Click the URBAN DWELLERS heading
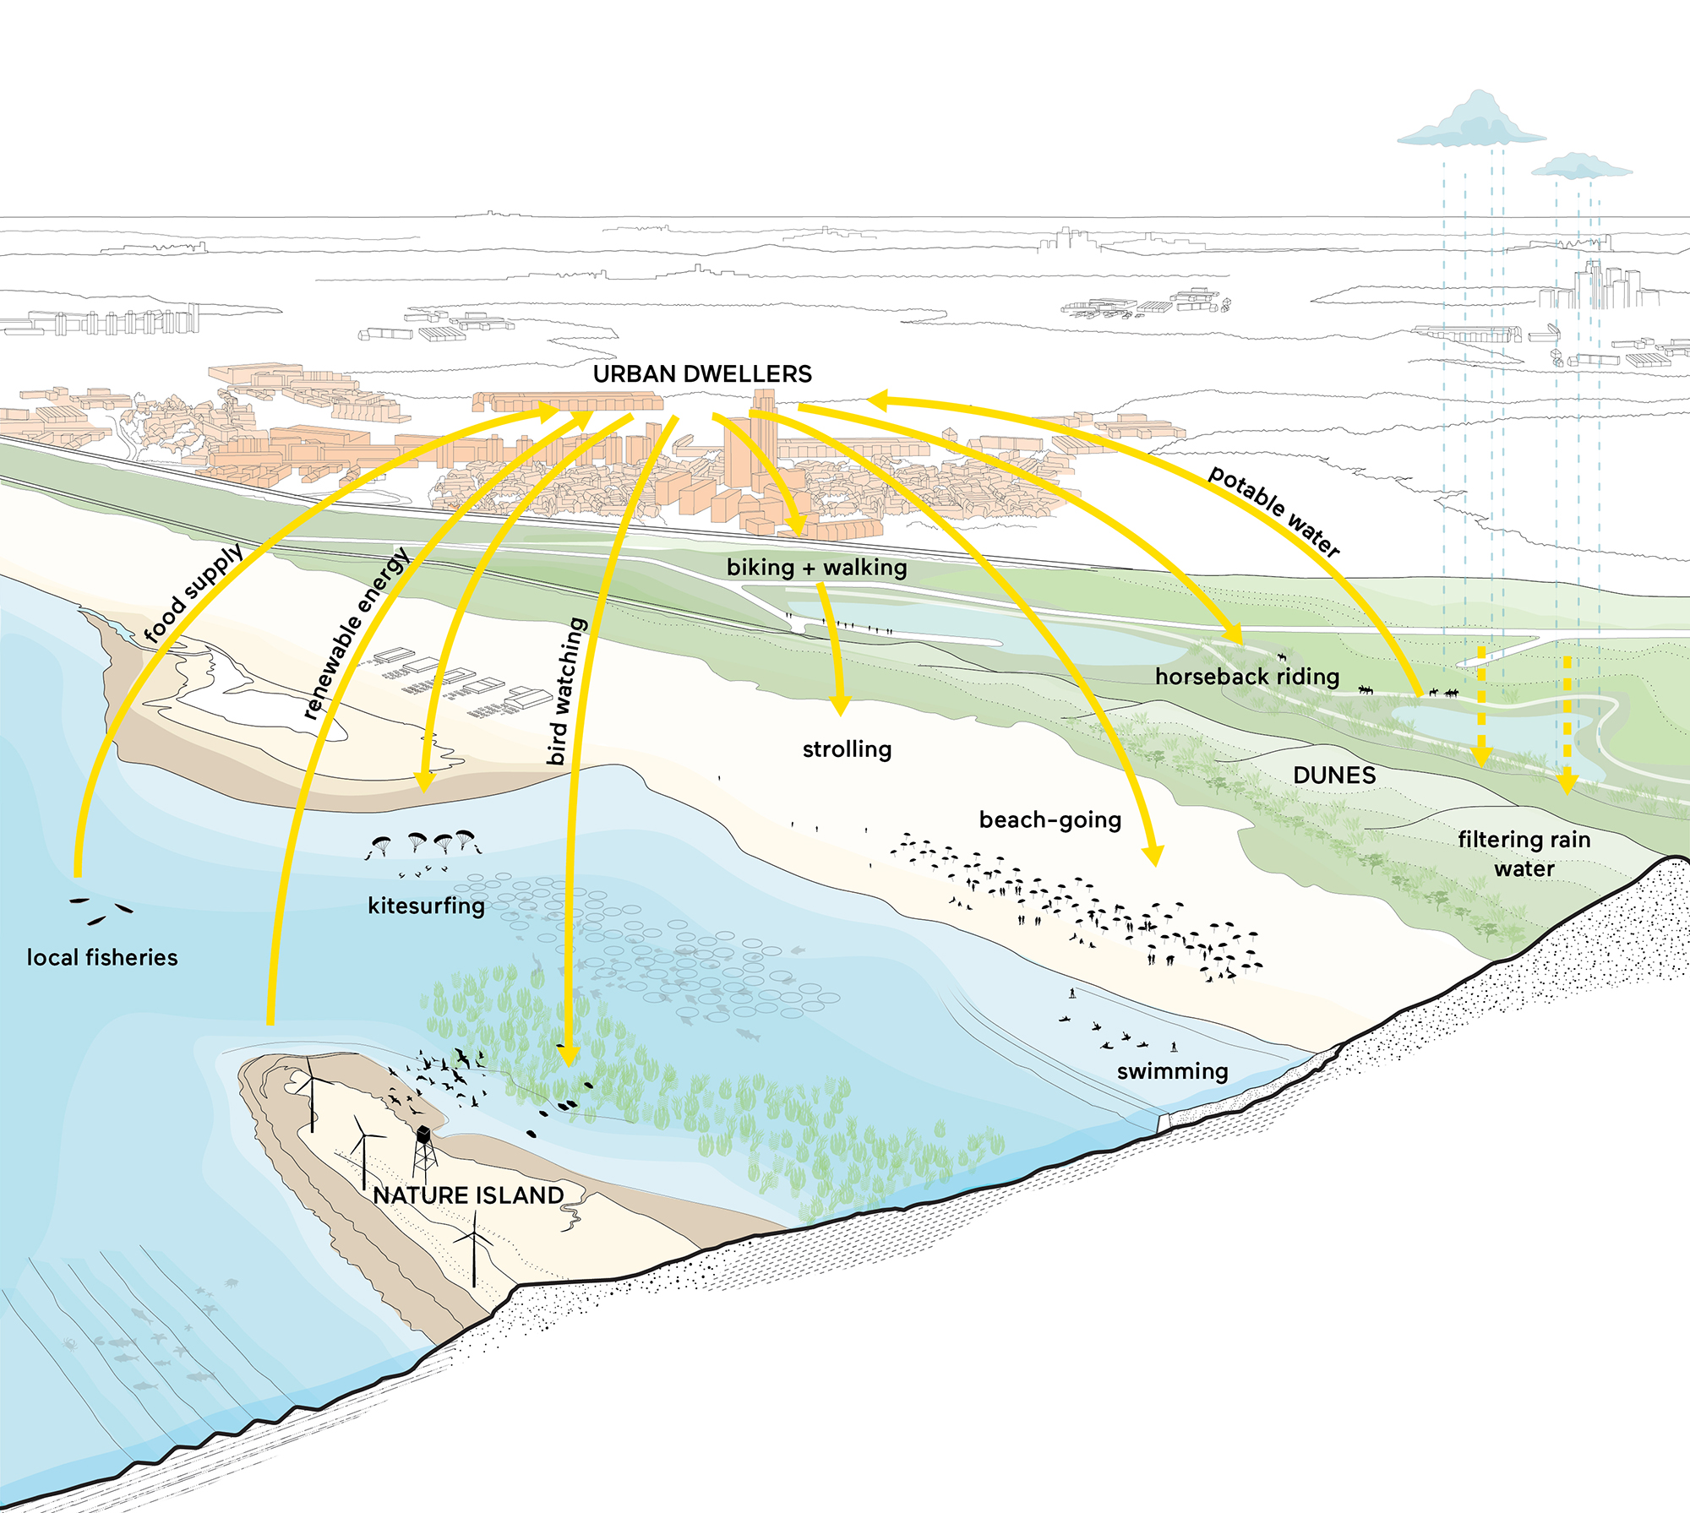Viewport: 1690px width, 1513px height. [x=702, y=374]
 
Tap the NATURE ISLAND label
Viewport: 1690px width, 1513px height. [x=468, y=1195]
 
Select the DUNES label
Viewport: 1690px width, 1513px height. [x=1334, y=776]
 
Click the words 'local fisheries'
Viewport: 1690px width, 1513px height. [x=102, y=957]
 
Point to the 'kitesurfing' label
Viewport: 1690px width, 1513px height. [x=427, y=906]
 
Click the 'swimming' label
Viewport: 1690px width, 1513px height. [x=1173, y=1072]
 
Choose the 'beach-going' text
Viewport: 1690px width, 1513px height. [x=1050, y=820]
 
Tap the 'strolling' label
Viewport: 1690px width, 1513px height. [x=848, y=750]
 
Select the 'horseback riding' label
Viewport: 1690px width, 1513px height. [x=1247, y=677]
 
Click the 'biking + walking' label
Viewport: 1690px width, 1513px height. [x=817, y=568]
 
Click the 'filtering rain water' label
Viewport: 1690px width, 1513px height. [x=1524, y=854]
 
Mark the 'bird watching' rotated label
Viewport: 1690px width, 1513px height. [x=568, y=691]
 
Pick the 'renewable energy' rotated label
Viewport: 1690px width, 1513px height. [x=357, y=633]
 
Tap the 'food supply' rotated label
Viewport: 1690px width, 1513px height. [x=194, y=592]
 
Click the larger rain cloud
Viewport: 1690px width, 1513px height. [x=1472, y=122]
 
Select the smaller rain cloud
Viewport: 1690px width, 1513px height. [x=1581, y=166]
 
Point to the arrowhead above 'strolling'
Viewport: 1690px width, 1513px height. [x=840, y=705]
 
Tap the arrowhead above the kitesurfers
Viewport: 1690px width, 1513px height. [x=425, y=781]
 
